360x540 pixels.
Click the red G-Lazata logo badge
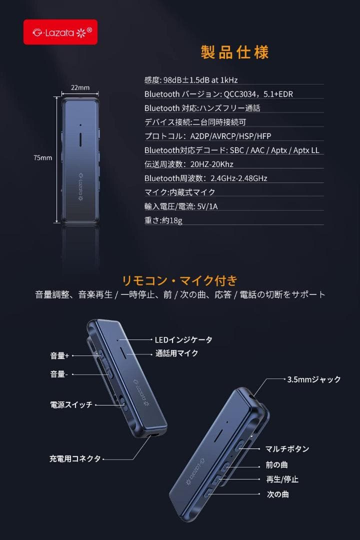click(x=60, y=32)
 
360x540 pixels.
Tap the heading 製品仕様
click(x=234, y=52)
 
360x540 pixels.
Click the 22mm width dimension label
click(x=80, y=88)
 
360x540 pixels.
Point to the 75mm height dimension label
click(x=43, y=158)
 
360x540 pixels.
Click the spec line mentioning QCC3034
click(x=222, y=94)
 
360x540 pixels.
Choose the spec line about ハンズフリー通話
click(x=202, y=108)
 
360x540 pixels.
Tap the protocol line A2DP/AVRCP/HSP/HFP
click(x=208, y=136)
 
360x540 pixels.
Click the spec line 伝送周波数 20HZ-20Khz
click(x=189, y=164)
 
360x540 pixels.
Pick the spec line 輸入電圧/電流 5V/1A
click(x=181, y=206)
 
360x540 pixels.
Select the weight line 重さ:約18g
click(x=163, y=220)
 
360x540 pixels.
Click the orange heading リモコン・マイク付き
click(x=180, y=280)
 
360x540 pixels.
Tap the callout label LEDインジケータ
click(x=183, y=340)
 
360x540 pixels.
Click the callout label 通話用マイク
click(x=176, y=353)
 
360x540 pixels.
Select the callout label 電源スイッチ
click(x=71, y=405)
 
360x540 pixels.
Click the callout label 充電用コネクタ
click(x=75, y=458)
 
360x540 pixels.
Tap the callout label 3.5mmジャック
click(x=314, y=379)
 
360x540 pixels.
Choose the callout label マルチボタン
click(x=287, y=449)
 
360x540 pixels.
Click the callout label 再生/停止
click(x=282, y=479)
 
